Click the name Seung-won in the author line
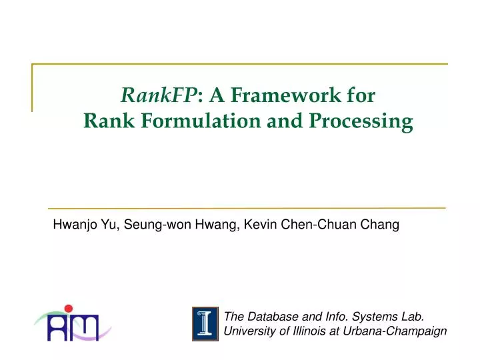point(148,225)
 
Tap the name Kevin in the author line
point(257,225)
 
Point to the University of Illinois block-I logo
point(205,324)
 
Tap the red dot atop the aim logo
point(67,308)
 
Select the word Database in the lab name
point(269,316)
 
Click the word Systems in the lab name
point(370,316)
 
